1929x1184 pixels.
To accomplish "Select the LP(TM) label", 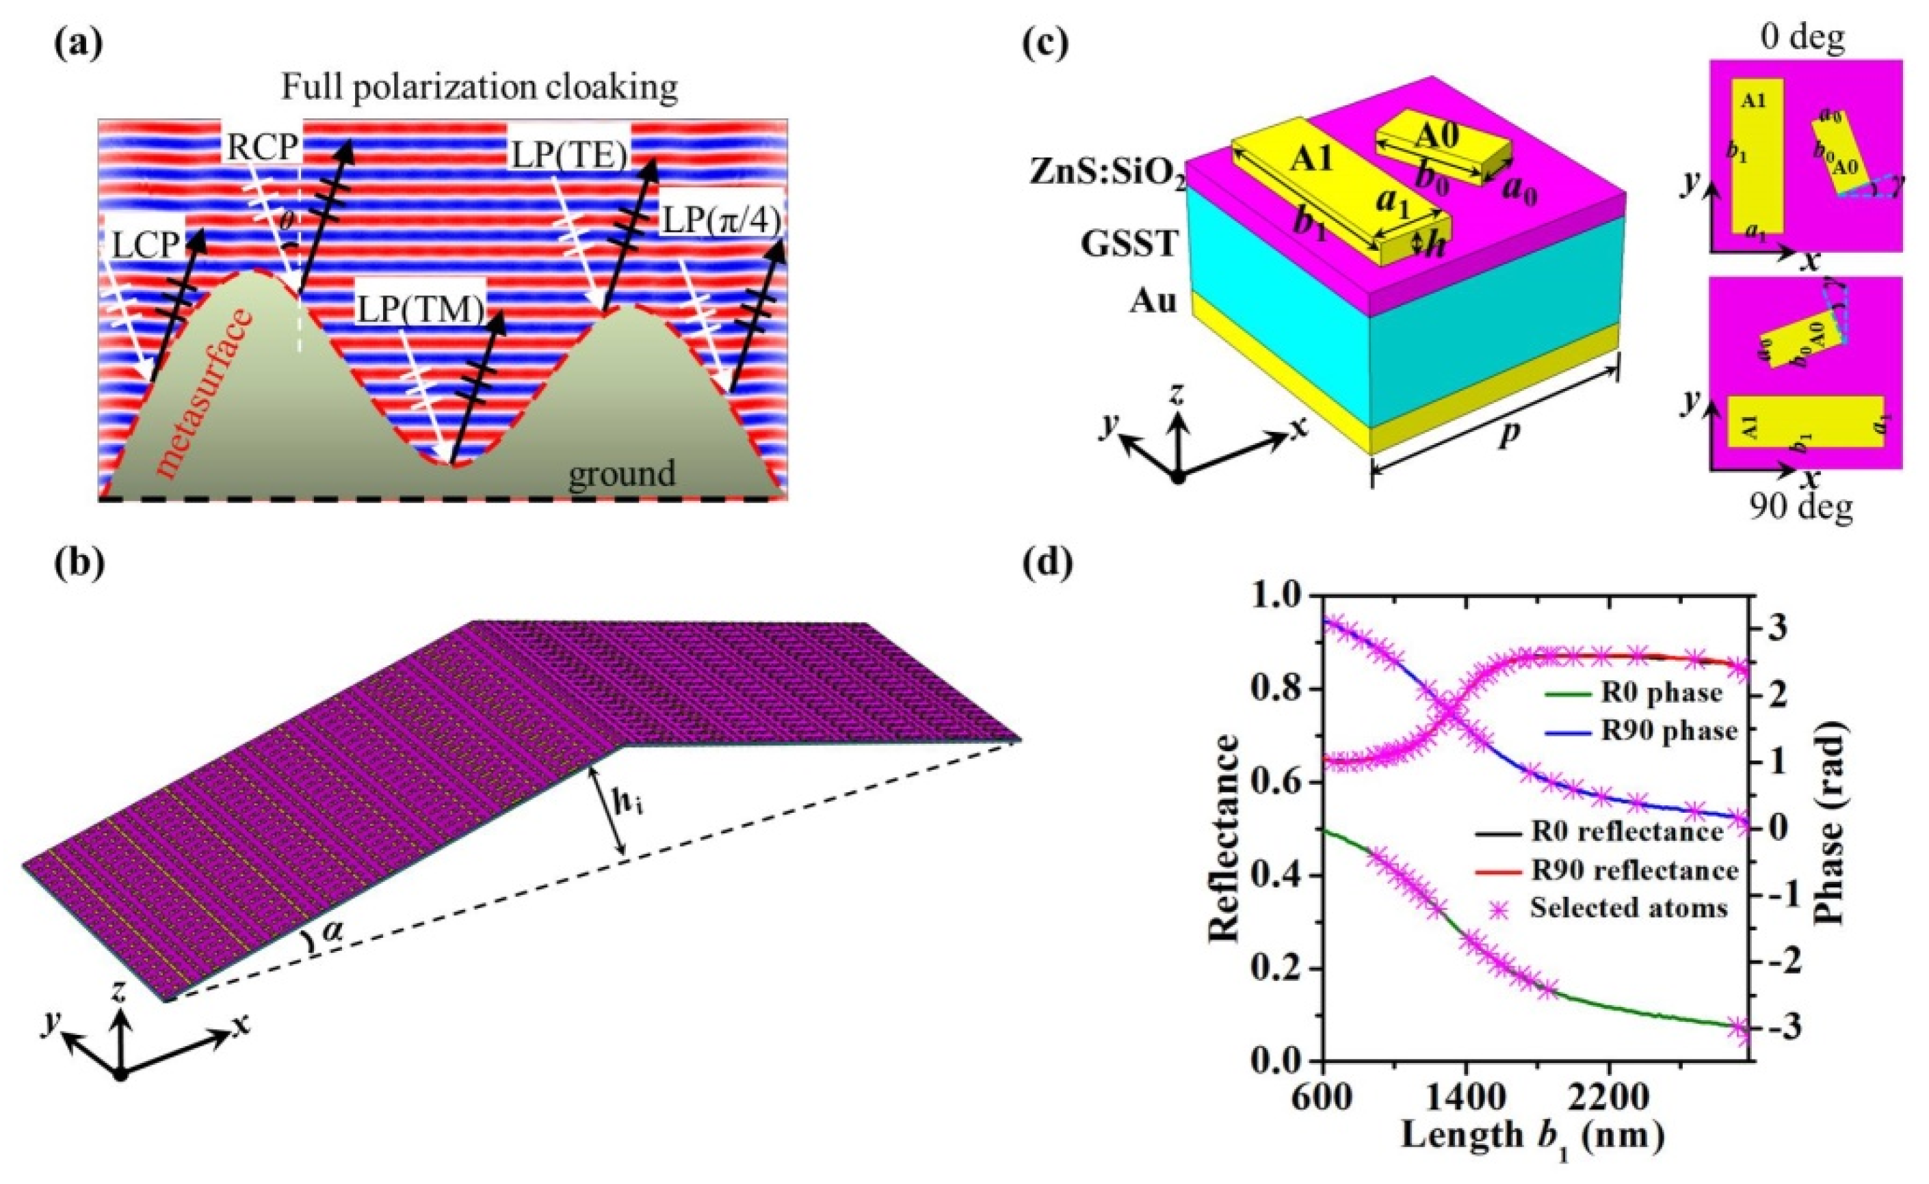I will click(x=421, y=310).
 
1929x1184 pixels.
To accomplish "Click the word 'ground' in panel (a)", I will click(x=621, y=474).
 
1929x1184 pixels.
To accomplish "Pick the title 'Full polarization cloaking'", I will click(x=480, y=88).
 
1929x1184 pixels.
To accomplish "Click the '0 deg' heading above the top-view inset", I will click(x=1802, y=38).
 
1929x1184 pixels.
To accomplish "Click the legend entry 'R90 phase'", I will click(x=1668, y=731).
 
